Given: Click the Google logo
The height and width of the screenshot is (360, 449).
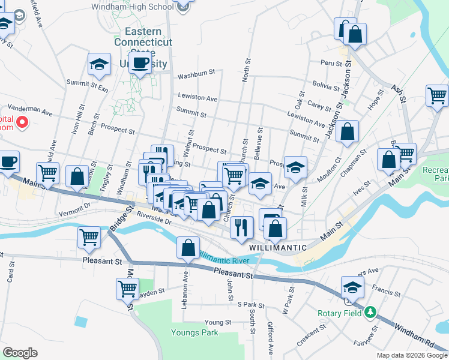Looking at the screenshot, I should click(20, 353).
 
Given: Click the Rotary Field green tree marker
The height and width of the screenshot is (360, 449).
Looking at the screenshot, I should click(370, 312).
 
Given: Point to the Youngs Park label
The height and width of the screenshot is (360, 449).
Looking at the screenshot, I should click(194, 332).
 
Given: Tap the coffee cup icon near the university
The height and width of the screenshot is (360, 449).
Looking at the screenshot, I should click(140, 64).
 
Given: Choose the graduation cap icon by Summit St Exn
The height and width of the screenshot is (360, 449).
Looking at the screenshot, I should click(100, 65).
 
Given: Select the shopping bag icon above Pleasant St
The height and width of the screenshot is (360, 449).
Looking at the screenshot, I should click(188, 248).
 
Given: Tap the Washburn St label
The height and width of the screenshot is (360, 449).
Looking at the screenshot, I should click(196, 76).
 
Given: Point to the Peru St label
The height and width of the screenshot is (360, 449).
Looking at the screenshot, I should click(331, 62).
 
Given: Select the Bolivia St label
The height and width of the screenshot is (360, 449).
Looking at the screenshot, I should click(326, 86).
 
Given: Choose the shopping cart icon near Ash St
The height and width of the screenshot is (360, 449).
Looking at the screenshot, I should click(438, 95).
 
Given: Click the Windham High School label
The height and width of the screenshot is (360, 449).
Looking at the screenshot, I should click(133, 7).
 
